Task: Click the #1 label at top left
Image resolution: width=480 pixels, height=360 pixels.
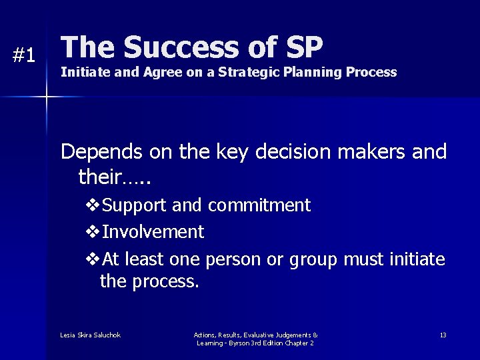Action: point(24,56)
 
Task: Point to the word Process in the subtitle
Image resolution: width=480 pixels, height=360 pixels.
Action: point(371,73)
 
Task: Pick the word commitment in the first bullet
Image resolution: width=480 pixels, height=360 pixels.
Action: point(259,206)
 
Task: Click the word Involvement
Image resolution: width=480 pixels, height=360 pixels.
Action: point(153,233)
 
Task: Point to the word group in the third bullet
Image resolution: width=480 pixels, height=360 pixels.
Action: point(313,259)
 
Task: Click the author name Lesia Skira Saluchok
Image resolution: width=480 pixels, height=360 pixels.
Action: point(90,335)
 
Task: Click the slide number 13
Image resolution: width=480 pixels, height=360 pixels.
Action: point(443,335)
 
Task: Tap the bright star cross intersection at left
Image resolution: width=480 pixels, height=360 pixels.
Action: point(47,97)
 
